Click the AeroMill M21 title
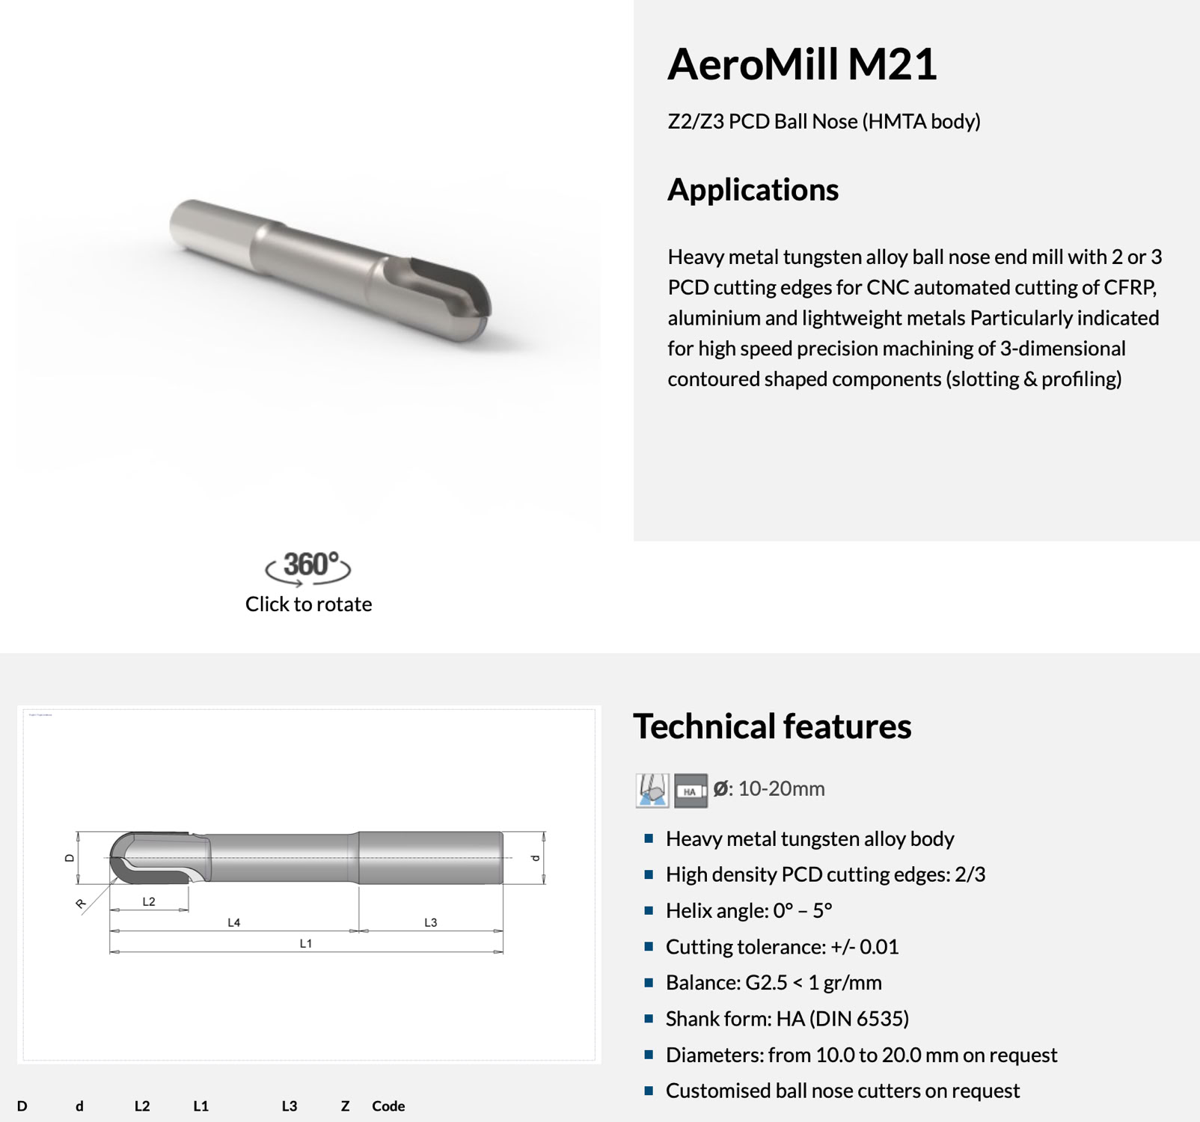(801, 64)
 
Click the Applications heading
(753, 190)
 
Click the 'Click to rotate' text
(308, 604)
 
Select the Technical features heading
(772, 726)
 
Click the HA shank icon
(690, 791)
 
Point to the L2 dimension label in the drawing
(149, 902)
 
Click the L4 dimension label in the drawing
(234, 923)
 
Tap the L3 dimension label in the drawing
(431, 923)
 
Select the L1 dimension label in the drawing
(306, 944)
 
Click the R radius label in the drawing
(81, 904)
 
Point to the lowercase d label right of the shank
(535, 858)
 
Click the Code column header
(388, 1106)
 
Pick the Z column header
(345, 1106)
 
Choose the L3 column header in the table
(290, 1106)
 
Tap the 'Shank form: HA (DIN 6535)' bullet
(787, 1019)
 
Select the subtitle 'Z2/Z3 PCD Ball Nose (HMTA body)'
(824, 121)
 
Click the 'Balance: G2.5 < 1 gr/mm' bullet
(774, 983)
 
